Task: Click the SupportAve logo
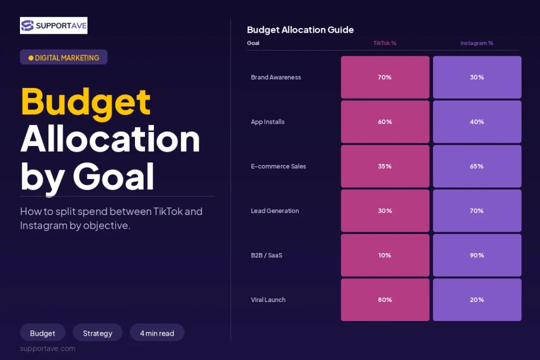[x=54, y=25]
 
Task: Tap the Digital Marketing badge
[x=64, y=57]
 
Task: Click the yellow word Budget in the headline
[x=86, y=103]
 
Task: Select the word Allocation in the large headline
[x=110, y=139]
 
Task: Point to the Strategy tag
[x=98, y=333]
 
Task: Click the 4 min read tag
[x=157, y=333]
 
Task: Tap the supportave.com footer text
[x=47, y=348]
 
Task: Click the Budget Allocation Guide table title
[x=300, y=30]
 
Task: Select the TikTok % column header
[x=384, y=43]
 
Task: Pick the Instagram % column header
[x=477, y=43]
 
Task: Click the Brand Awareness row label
[x=276, y=77]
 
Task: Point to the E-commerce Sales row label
[x=278, y=166]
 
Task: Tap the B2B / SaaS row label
[x=266, y=255]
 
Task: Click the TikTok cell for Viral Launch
[x=385, y=300]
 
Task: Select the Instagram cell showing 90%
[x=477, y=255]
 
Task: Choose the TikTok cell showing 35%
[x=385, y=166]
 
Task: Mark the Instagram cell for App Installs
[x=477, y=122]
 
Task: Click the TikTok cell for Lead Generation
[x=385, y=211]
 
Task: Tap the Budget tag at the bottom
[x=42, y=333]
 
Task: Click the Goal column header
[x=253, y=43]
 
